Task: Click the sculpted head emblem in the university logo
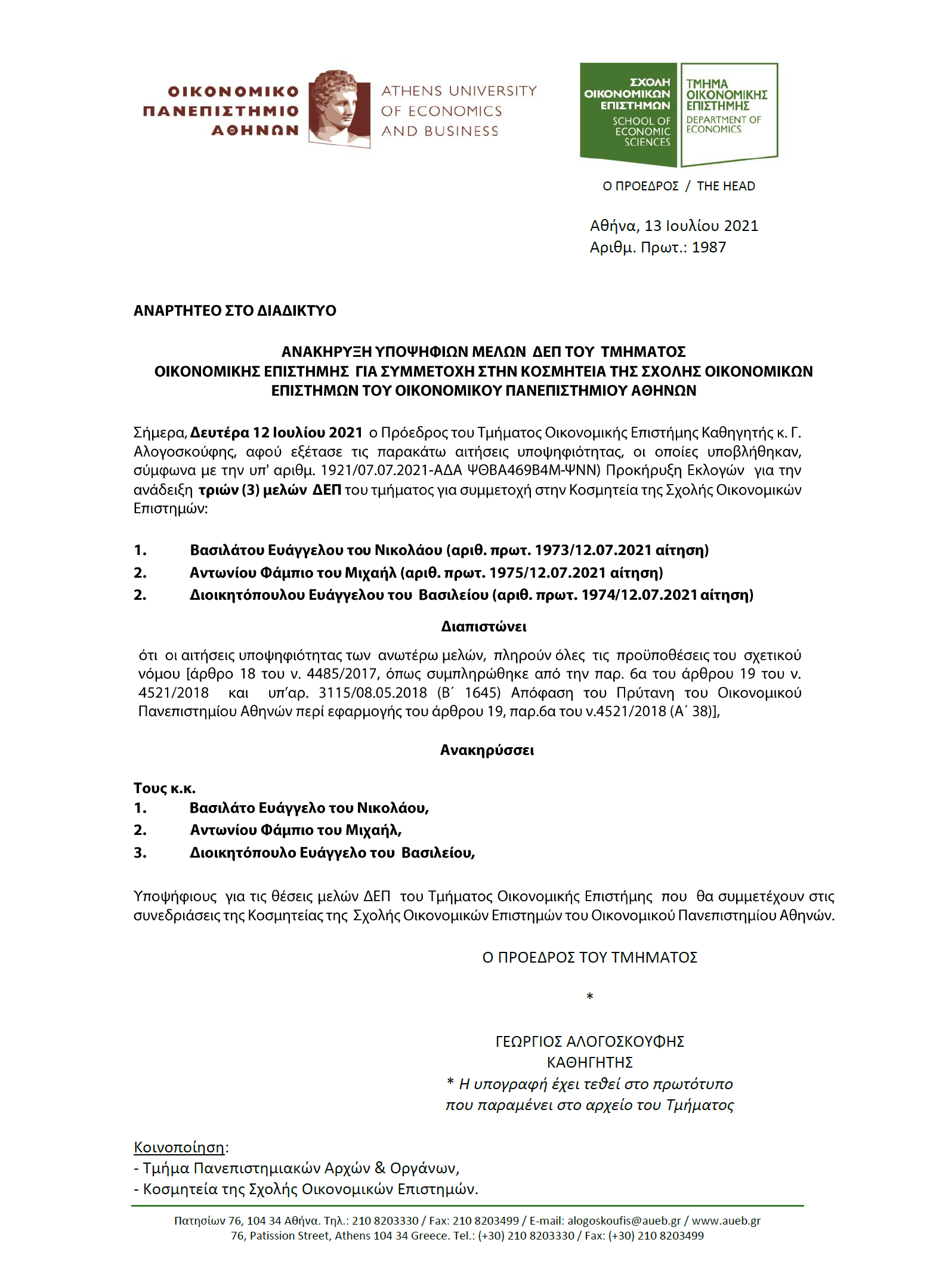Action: pyautogui.click(x=338, y=108)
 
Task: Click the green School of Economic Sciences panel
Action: pyautogui.click(x=628, y=113)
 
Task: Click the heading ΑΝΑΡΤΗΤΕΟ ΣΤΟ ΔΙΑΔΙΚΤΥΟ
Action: pyautogui.click(x=234, y=311)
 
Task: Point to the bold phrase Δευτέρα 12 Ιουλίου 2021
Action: pyautogui.click(x=276, y=433)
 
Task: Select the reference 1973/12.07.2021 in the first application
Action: pyautogui.click(x=592, y=550)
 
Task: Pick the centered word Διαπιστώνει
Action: pyautogui.click(x=484, y=627)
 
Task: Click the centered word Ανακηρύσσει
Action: pyautogui.click(x=487, y=751)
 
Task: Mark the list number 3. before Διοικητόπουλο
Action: pyautogui.click(x=140, y=853)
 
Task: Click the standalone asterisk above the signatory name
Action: pyautogui.click(x=589, y=997)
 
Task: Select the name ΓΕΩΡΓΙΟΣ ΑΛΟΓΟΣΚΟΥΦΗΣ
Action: pyautogui.click(x=589, y=1042)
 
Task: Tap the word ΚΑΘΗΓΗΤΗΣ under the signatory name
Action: pyautogui.click(x=589, y=1063)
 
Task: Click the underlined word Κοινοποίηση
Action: pyautogui.click(x=179, y=1148)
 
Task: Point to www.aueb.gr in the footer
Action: pyautogui.click(x=726, y=1221)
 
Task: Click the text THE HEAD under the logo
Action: pyautogui.click(x=725, y=186)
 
